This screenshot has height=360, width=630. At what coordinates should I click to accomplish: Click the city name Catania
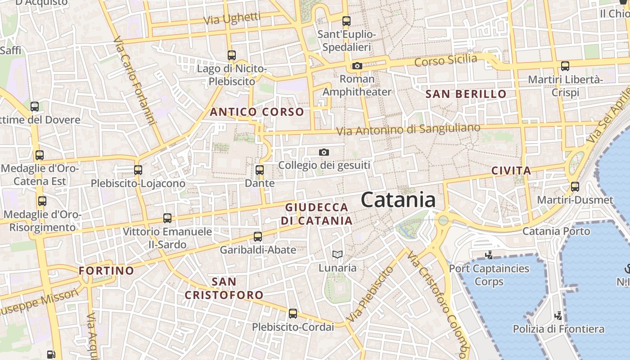pyautogui.click(x=398, y=200)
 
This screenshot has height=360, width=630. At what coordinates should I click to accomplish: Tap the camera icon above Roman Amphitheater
pyautogui.click(x=357, y=66)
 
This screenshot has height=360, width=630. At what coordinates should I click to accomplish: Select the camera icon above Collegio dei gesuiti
pyautogui.click(x=324, y=153)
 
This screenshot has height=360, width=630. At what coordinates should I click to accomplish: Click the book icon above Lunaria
pyautogui.click(x=337, y=255)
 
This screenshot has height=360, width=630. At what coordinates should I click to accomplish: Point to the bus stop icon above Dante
pyautogui.click(x=260, y=170)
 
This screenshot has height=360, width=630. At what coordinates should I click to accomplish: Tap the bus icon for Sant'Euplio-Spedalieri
pyautogui.click(x=346, y=21)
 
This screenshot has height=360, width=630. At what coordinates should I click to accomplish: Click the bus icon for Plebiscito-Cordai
pyautogui.click(x=293, y=314)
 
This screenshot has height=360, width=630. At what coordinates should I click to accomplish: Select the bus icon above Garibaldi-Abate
pyautogui.click(x=258, y=237)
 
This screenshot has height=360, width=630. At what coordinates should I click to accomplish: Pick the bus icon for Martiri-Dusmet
pyautogui.click(x=575, y=186)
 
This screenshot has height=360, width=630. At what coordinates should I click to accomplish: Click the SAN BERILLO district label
pyautogui.click(x=466, y=94)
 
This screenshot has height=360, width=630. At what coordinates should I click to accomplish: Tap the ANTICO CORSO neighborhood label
pyautogui.click(x=257, y=112)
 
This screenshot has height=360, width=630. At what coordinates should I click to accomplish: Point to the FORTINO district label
pyautogui.click(x=106, y=270)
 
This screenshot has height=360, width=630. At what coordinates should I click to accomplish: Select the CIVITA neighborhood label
pyautogui.click(x=511, y=171)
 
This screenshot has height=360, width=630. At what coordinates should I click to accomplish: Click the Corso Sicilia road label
pyautogui.click(x=445, y=60)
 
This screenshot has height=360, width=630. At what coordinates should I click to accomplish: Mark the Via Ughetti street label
pyautogui.click(x=232, y=19)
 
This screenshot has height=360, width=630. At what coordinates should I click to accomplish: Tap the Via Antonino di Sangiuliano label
pyautogui.click(x=409, y=130)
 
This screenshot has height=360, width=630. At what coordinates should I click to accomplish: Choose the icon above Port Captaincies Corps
pyautogui.click(x=489, y=255)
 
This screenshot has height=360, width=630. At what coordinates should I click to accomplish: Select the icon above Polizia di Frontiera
pyautogui.click(x=558, y=315)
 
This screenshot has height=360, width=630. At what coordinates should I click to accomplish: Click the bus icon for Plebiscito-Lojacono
pyautogui.click(x=138, y=170)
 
